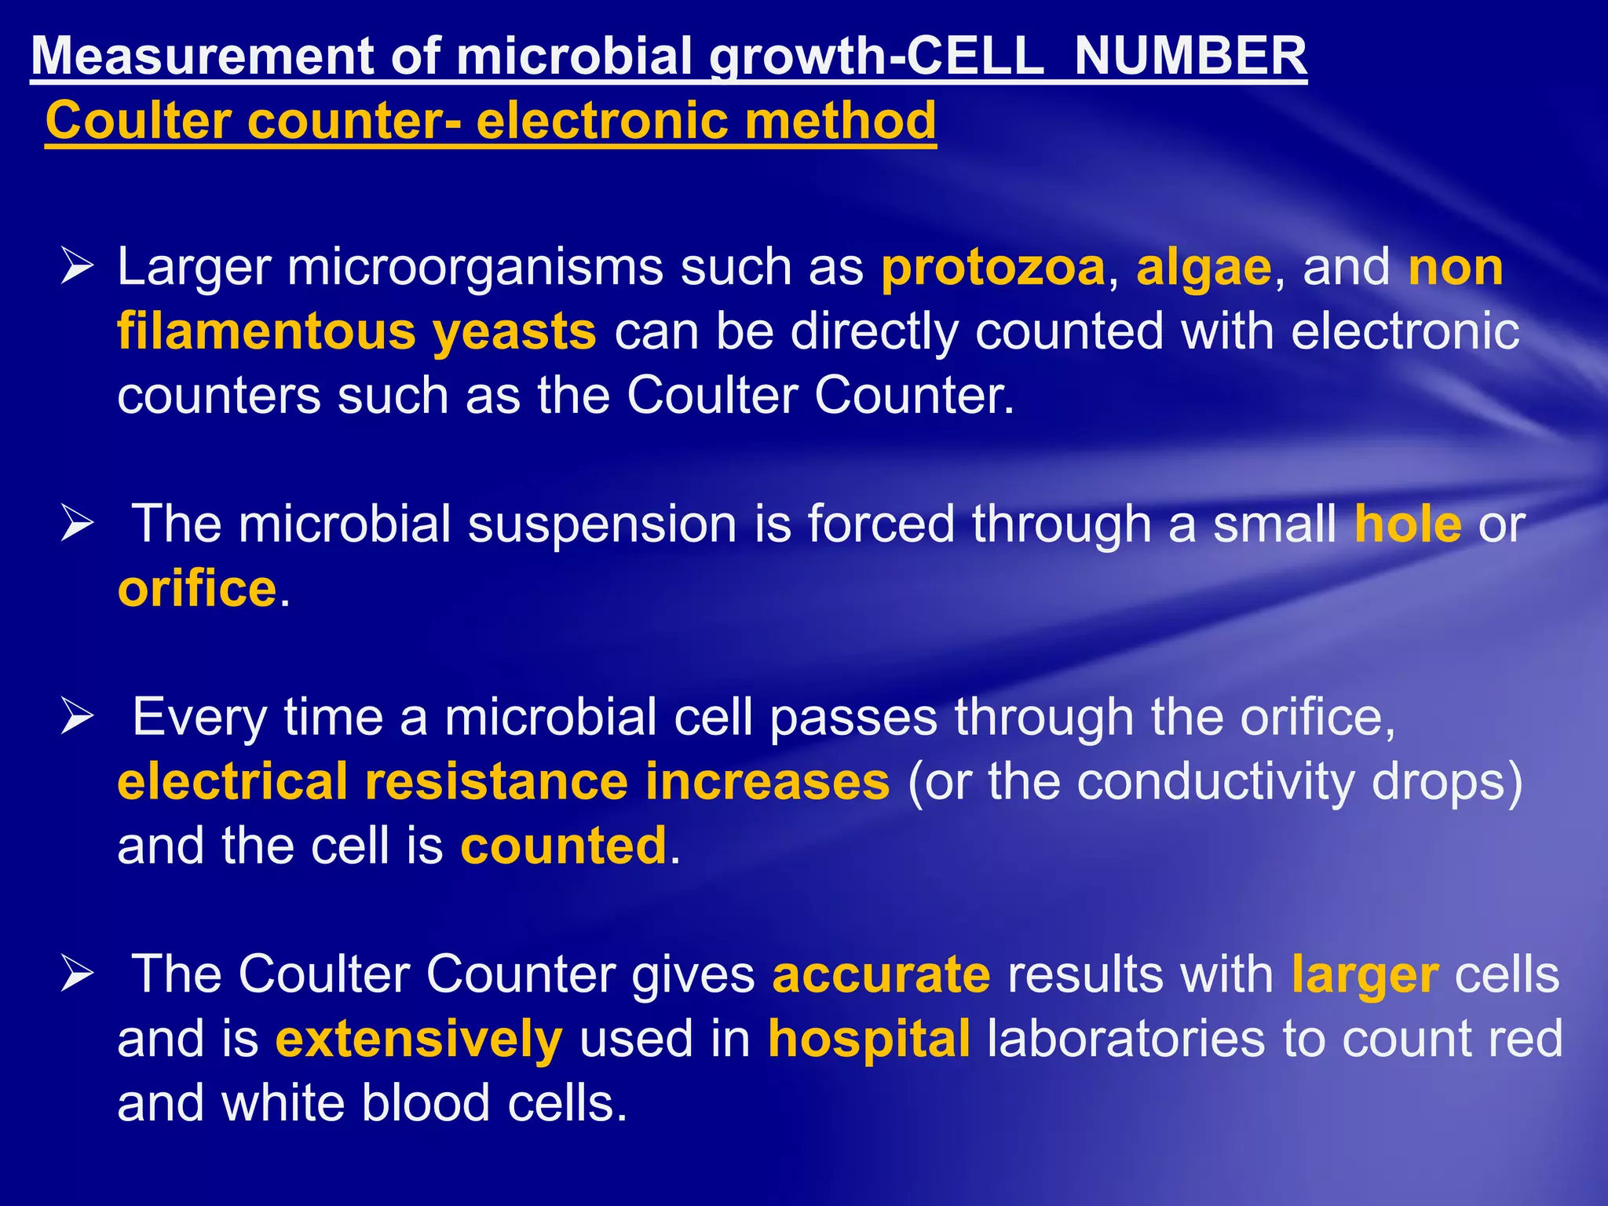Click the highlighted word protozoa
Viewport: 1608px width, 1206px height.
(993, 268)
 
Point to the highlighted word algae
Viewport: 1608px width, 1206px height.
(1204, 268)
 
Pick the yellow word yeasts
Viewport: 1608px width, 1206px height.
(514, 332)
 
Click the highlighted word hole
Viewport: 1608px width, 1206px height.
(1408, 524)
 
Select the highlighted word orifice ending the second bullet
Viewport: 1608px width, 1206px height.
(197, 588)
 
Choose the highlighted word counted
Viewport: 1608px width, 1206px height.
(563, 846)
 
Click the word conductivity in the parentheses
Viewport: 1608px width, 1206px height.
(1215, 782)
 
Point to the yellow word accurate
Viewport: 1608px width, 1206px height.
(881, 974)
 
